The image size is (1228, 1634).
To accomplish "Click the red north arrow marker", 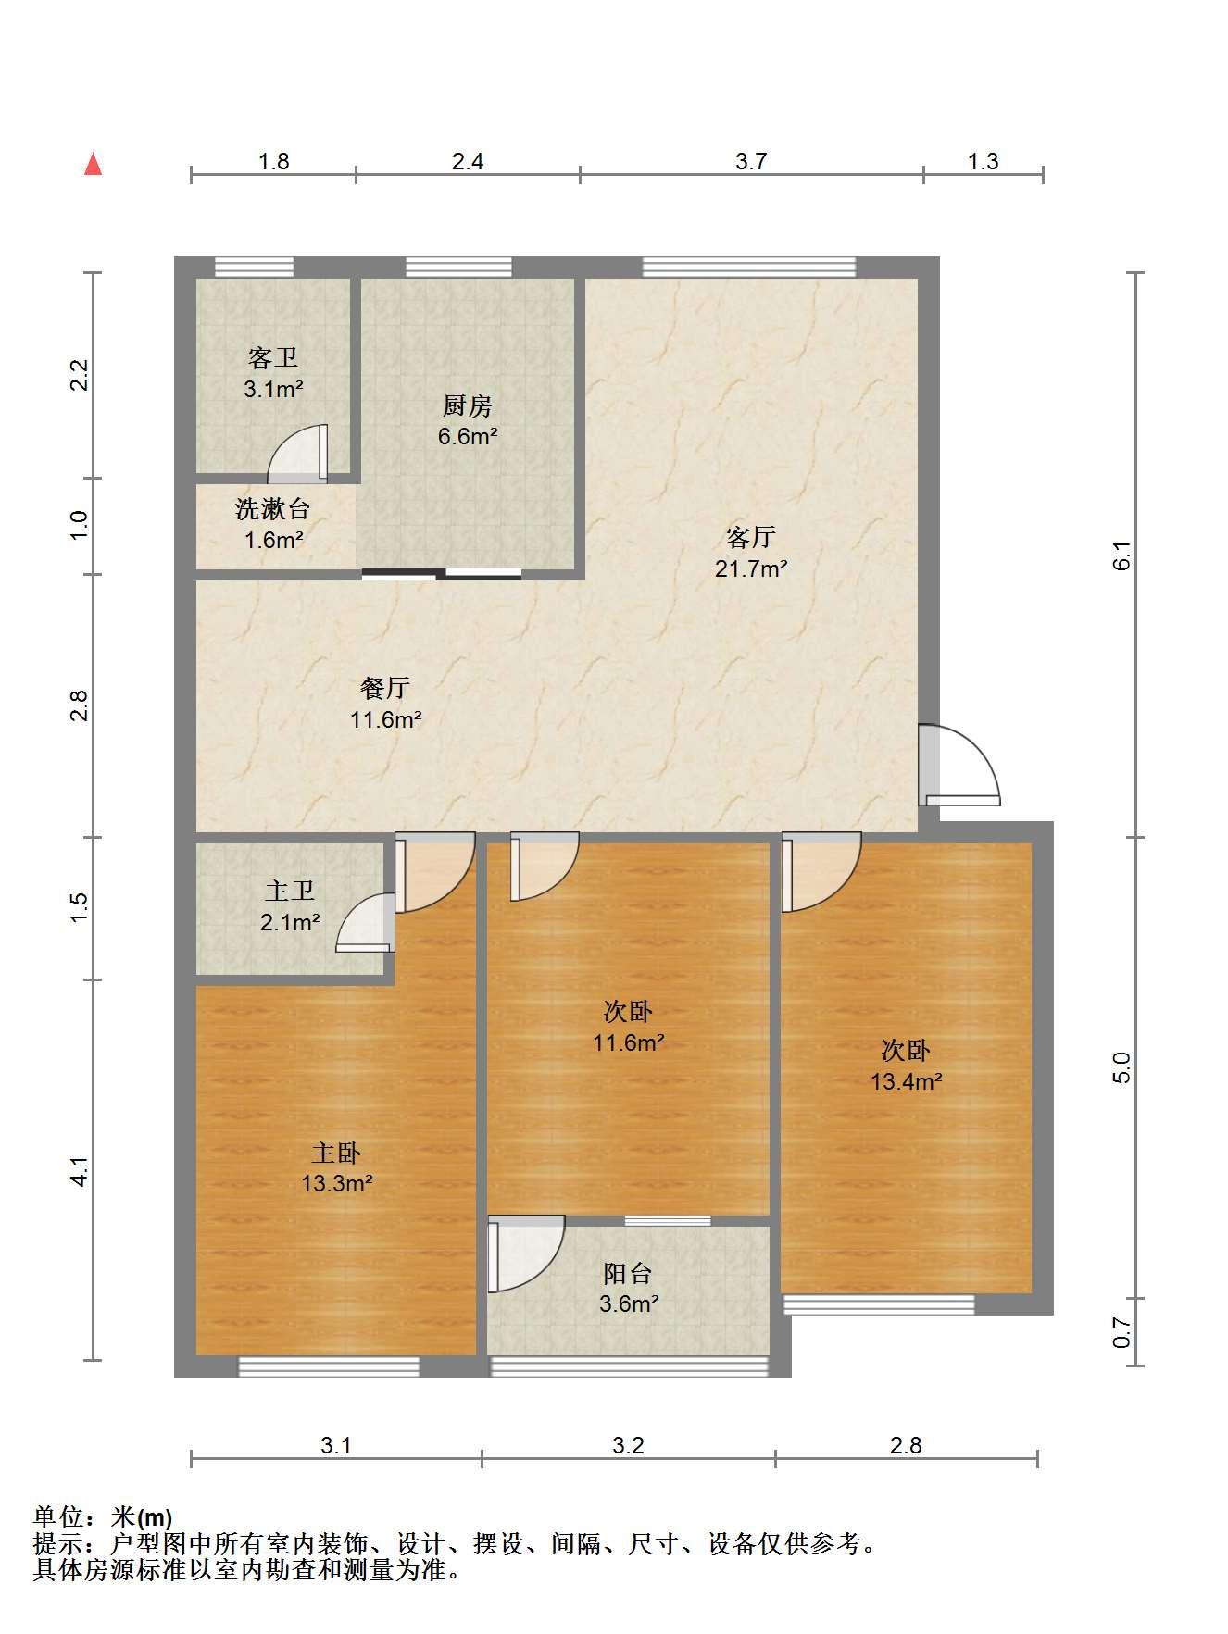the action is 93,164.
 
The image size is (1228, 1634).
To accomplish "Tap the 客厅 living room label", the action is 750,537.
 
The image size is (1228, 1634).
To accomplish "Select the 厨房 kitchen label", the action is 467,405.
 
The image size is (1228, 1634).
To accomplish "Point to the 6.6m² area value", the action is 468,436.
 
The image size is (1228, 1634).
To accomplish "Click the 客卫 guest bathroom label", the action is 273,357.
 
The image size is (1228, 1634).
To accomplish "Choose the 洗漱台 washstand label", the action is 272,508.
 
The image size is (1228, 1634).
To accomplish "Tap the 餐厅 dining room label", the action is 385,688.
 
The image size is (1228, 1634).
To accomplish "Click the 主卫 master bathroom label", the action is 290,891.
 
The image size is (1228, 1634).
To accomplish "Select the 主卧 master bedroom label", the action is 336,1153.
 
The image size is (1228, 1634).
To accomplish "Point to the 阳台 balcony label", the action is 628,1274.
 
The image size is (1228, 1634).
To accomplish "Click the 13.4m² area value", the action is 907,1081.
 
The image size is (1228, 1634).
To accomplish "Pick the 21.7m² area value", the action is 751,568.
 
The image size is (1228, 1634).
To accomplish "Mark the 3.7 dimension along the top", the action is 751,161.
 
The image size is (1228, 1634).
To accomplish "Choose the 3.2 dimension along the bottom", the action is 628,1445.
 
